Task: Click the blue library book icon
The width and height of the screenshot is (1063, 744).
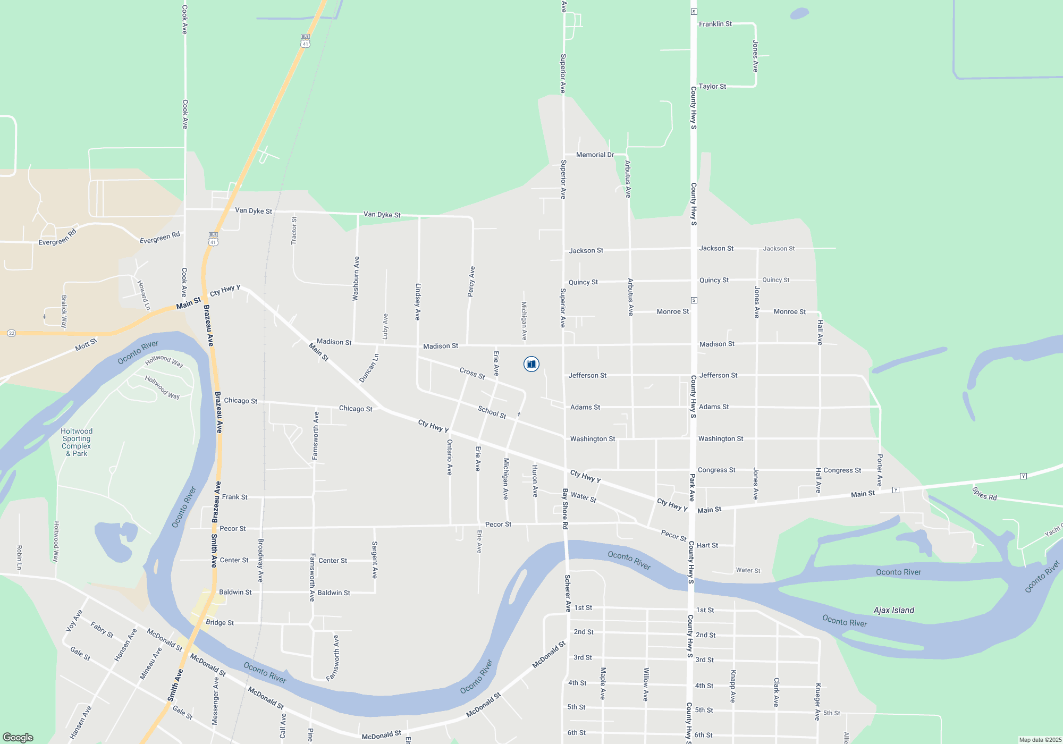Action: pos(531,364)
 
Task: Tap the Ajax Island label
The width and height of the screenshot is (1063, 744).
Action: pos(893,610)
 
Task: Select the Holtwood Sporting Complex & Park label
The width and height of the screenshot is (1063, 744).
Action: pos(77,442)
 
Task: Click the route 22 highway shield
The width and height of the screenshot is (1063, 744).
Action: pos(12,333)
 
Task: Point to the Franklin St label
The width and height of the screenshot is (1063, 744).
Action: pos(715,24)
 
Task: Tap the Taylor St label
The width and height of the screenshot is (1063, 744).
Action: pos(712,86)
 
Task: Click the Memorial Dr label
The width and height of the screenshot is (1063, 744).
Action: pos(595,155)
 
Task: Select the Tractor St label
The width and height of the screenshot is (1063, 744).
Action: pos(294,231)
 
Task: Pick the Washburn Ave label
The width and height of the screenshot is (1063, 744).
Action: pos(356,278)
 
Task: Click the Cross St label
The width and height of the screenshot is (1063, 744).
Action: pos(472,373)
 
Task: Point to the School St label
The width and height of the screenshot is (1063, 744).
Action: pos(492,412)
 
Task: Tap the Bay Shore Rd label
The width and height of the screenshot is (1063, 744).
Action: pos(565,509)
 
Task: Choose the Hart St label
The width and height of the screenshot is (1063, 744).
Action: pos(707,545)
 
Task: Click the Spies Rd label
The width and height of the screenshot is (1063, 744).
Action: pos(984,494)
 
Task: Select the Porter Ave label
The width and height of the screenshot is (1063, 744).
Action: pos(880,470)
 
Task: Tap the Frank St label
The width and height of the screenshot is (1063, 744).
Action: pos(234,497)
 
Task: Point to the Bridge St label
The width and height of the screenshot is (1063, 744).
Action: pos(220,622)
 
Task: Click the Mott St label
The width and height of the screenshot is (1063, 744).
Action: pos(86,344)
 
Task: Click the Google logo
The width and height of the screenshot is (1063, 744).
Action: pos(18,737)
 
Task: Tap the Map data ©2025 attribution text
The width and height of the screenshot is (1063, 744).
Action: pos(1040,740)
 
